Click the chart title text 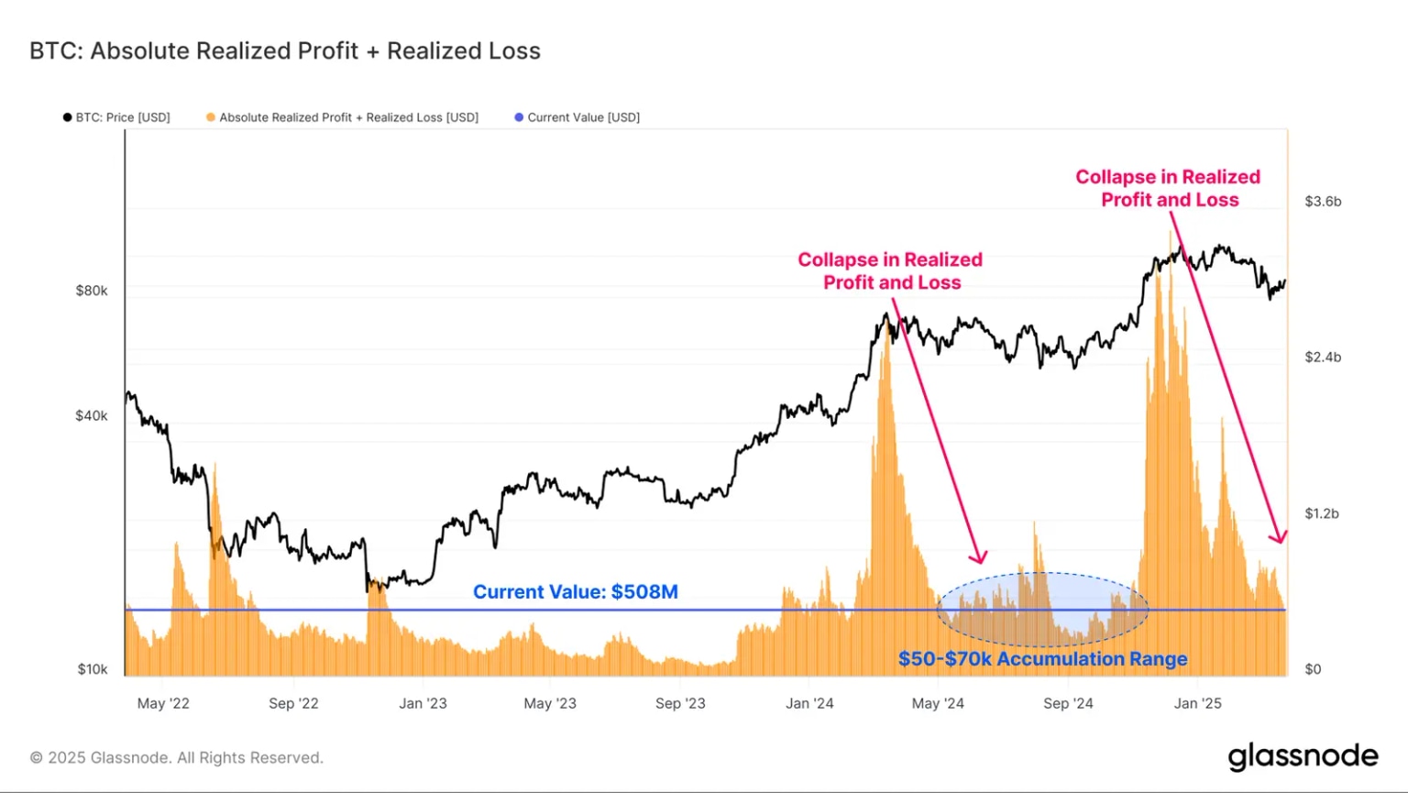pyautogui.click(x=285, y=51)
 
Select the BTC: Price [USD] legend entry pyautogui.click(x=116, y=117)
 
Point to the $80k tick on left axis pyautogui.click(x=92, y=291)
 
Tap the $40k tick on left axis pyautogui.click(x=92, y=415)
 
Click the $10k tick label pyautogui.click(x=92, y=669)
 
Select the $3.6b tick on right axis pyautogui.click(x=1323, y=201)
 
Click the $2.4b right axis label pyautogui.click(x=1323, y=357)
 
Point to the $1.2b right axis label pyautogui.click(x=1322, y=513)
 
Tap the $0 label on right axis pyautogui.click(x=1313, y=669)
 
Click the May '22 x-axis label pyautogui.click(x=163, y=703)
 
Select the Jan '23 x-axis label pyautogui.click(x=423, y=703)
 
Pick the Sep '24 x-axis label pyautogui.click(x=1068, y=703)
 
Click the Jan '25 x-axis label pyautogui.click(x=1198, y=703)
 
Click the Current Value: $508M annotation pyautogui.click(x=576, y=592)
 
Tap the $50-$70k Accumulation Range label pyautogui.click(x=1042, y=659)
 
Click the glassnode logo pyautogui.click(x=1303, y=756)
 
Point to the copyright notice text pyautogui.click(x=177, y=758)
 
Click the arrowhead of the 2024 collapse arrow pyautogui.click(x=981, y=558)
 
